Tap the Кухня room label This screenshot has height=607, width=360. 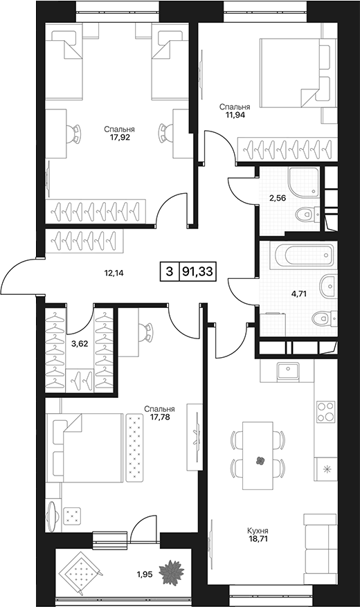[258, 531]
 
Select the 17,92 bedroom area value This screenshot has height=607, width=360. [119, 136]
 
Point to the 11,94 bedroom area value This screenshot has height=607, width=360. [235, 114]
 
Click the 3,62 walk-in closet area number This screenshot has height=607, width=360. [80, 343]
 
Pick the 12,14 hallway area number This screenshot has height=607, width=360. [114, 273]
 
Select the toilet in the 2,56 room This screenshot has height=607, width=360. [308, 213]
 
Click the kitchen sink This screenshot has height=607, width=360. [288, 372]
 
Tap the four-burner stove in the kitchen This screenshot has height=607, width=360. [325, 413]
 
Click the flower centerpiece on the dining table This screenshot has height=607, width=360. [260, 460]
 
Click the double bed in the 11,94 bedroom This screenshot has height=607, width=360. [296, 73]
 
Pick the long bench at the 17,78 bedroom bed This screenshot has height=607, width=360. [134, 448]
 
